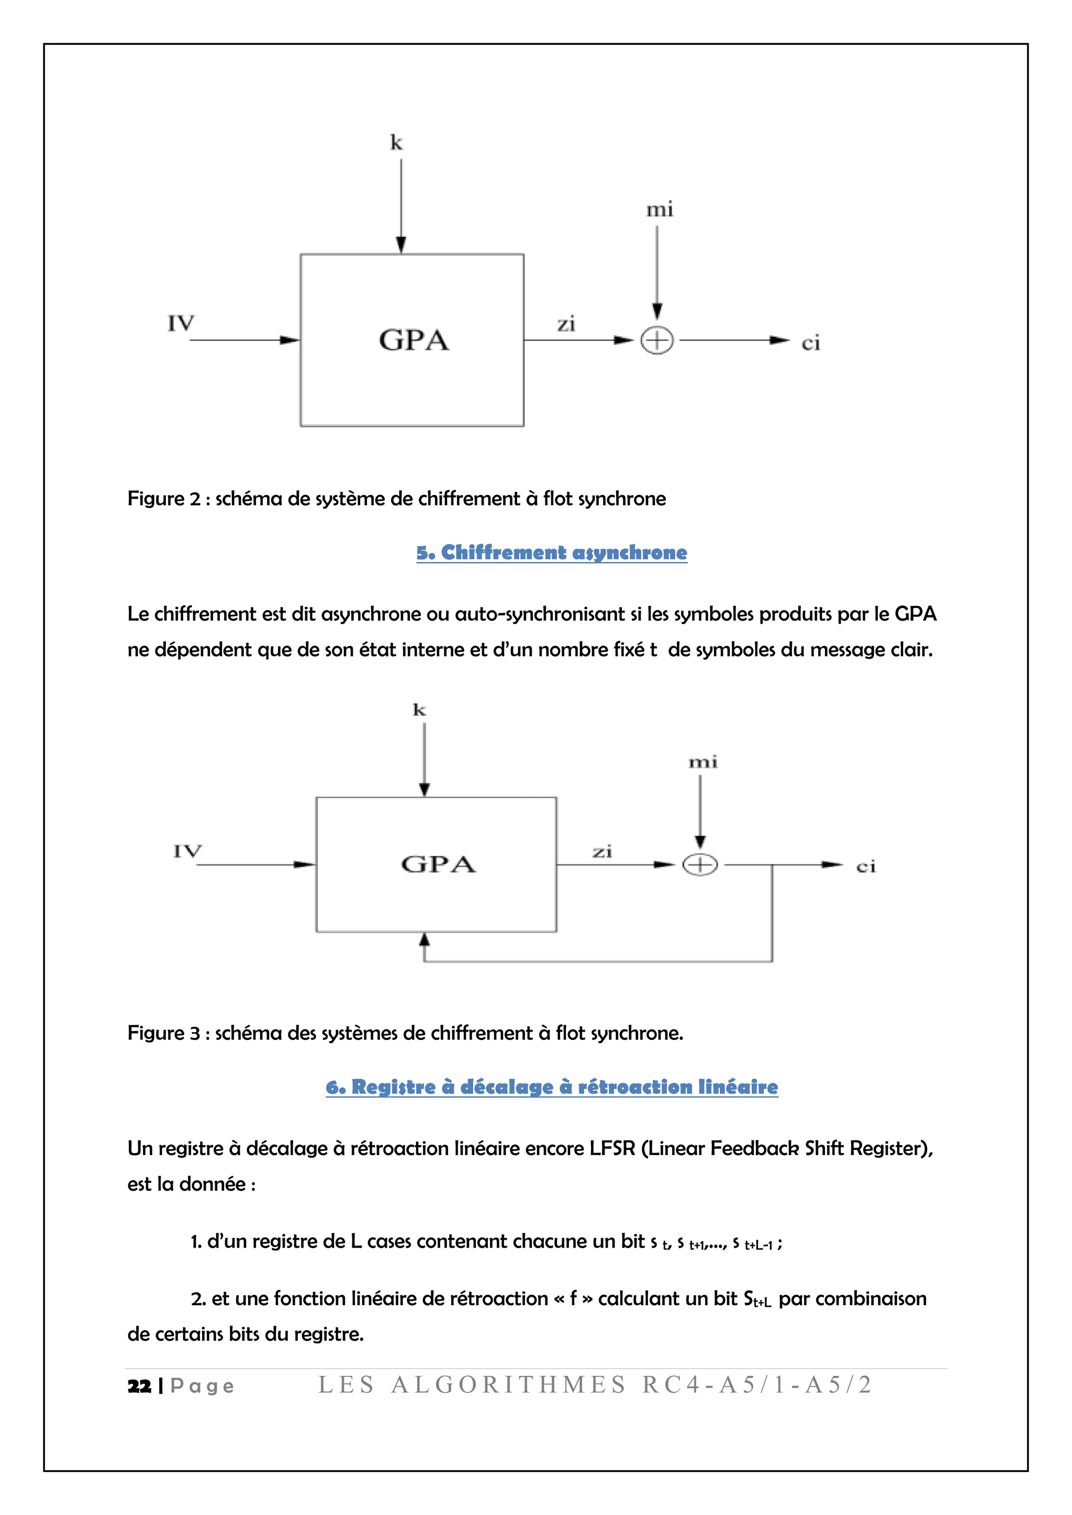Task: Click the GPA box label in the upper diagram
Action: [414, 341]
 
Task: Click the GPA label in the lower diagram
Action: [438, 864]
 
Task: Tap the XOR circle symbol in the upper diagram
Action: [657, 341]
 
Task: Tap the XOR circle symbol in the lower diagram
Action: [700, 864]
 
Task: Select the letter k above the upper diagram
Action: [396, 142]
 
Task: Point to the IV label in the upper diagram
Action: [181, 323]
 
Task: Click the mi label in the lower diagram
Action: [703, 763]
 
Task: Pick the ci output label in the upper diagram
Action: [811, 343]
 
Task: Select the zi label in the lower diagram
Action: [602, 852]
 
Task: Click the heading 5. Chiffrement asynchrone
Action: [551, 552]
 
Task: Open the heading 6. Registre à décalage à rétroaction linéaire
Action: [551, 1087]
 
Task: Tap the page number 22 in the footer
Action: [139, 1386]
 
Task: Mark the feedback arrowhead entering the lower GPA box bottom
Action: [425, 940]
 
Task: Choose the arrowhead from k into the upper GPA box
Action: [400, 245]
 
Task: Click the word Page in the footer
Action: [202, 1386]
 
